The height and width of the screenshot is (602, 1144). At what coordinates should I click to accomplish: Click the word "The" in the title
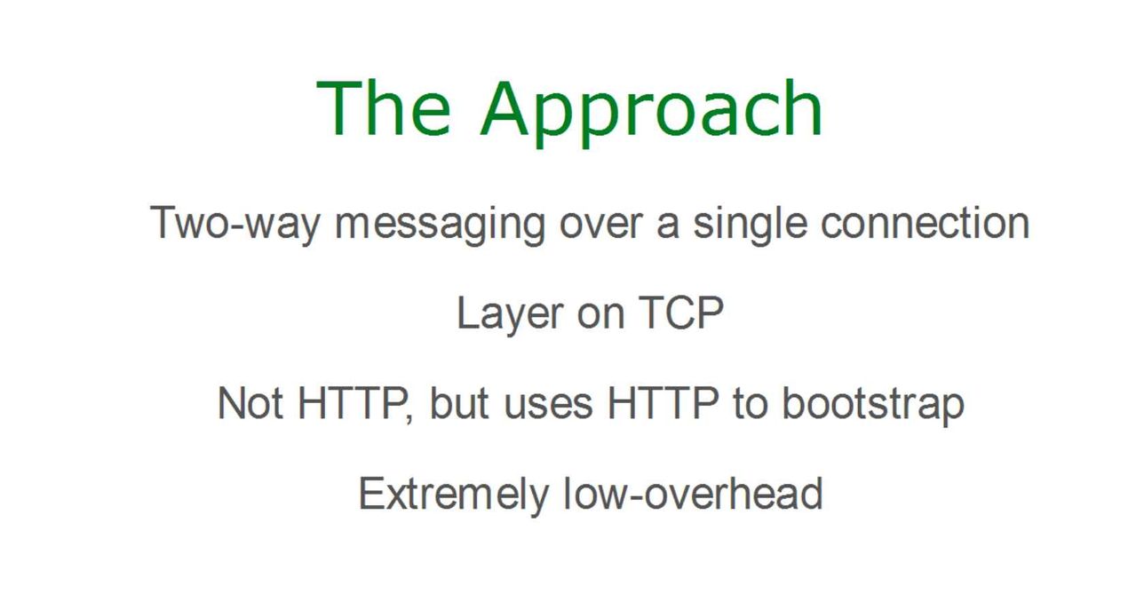click(x=384, y=107)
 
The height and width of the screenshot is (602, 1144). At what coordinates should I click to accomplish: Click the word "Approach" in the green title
click(x=651, y=114)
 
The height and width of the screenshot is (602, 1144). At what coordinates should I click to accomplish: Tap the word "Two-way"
click(x=235, y=223)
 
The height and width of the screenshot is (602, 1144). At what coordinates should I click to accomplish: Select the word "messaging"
click(x=440, y=225)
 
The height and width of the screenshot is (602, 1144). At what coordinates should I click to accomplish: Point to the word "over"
click(x=601, y=226)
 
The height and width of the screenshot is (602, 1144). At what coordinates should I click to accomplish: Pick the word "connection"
click(x=925, y=223)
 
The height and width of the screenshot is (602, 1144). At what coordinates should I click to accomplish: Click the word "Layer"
click(x=510, y=315)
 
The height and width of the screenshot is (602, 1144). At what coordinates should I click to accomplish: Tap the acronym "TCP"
click(x=680, y=312)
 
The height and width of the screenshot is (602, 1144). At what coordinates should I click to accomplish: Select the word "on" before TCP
click(x=600, y=316)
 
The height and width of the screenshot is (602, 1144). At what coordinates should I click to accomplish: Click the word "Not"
click(x=250, y=403)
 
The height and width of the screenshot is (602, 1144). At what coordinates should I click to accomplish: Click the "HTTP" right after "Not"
click(x=352, y=403)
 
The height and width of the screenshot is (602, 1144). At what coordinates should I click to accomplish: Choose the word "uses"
click(x=548, y=407)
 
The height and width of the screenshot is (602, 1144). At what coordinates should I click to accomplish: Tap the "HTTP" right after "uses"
click(x=663, y=403)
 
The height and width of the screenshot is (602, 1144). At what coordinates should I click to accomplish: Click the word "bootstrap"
click(x=873, y=406)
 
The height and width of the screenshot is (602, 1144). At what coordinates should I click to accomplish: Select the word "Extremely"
click(x=454, y=495)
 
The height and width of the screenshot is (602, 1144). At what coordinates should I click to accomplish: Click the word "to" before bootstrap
click(x=751, y=404)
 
